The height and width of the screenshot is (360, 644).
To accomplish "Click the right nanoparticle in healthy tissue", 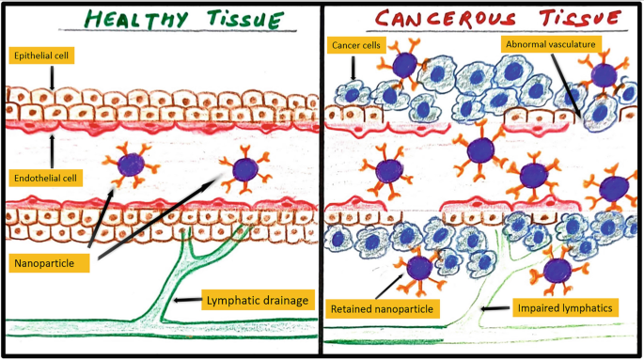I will pos(244,170).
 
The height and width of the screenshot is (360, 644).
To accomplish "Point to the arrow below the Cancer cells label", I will pos(353,68).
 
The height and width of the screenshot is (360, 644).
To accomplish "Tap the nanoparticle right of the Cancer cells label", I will pos(405,64).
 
